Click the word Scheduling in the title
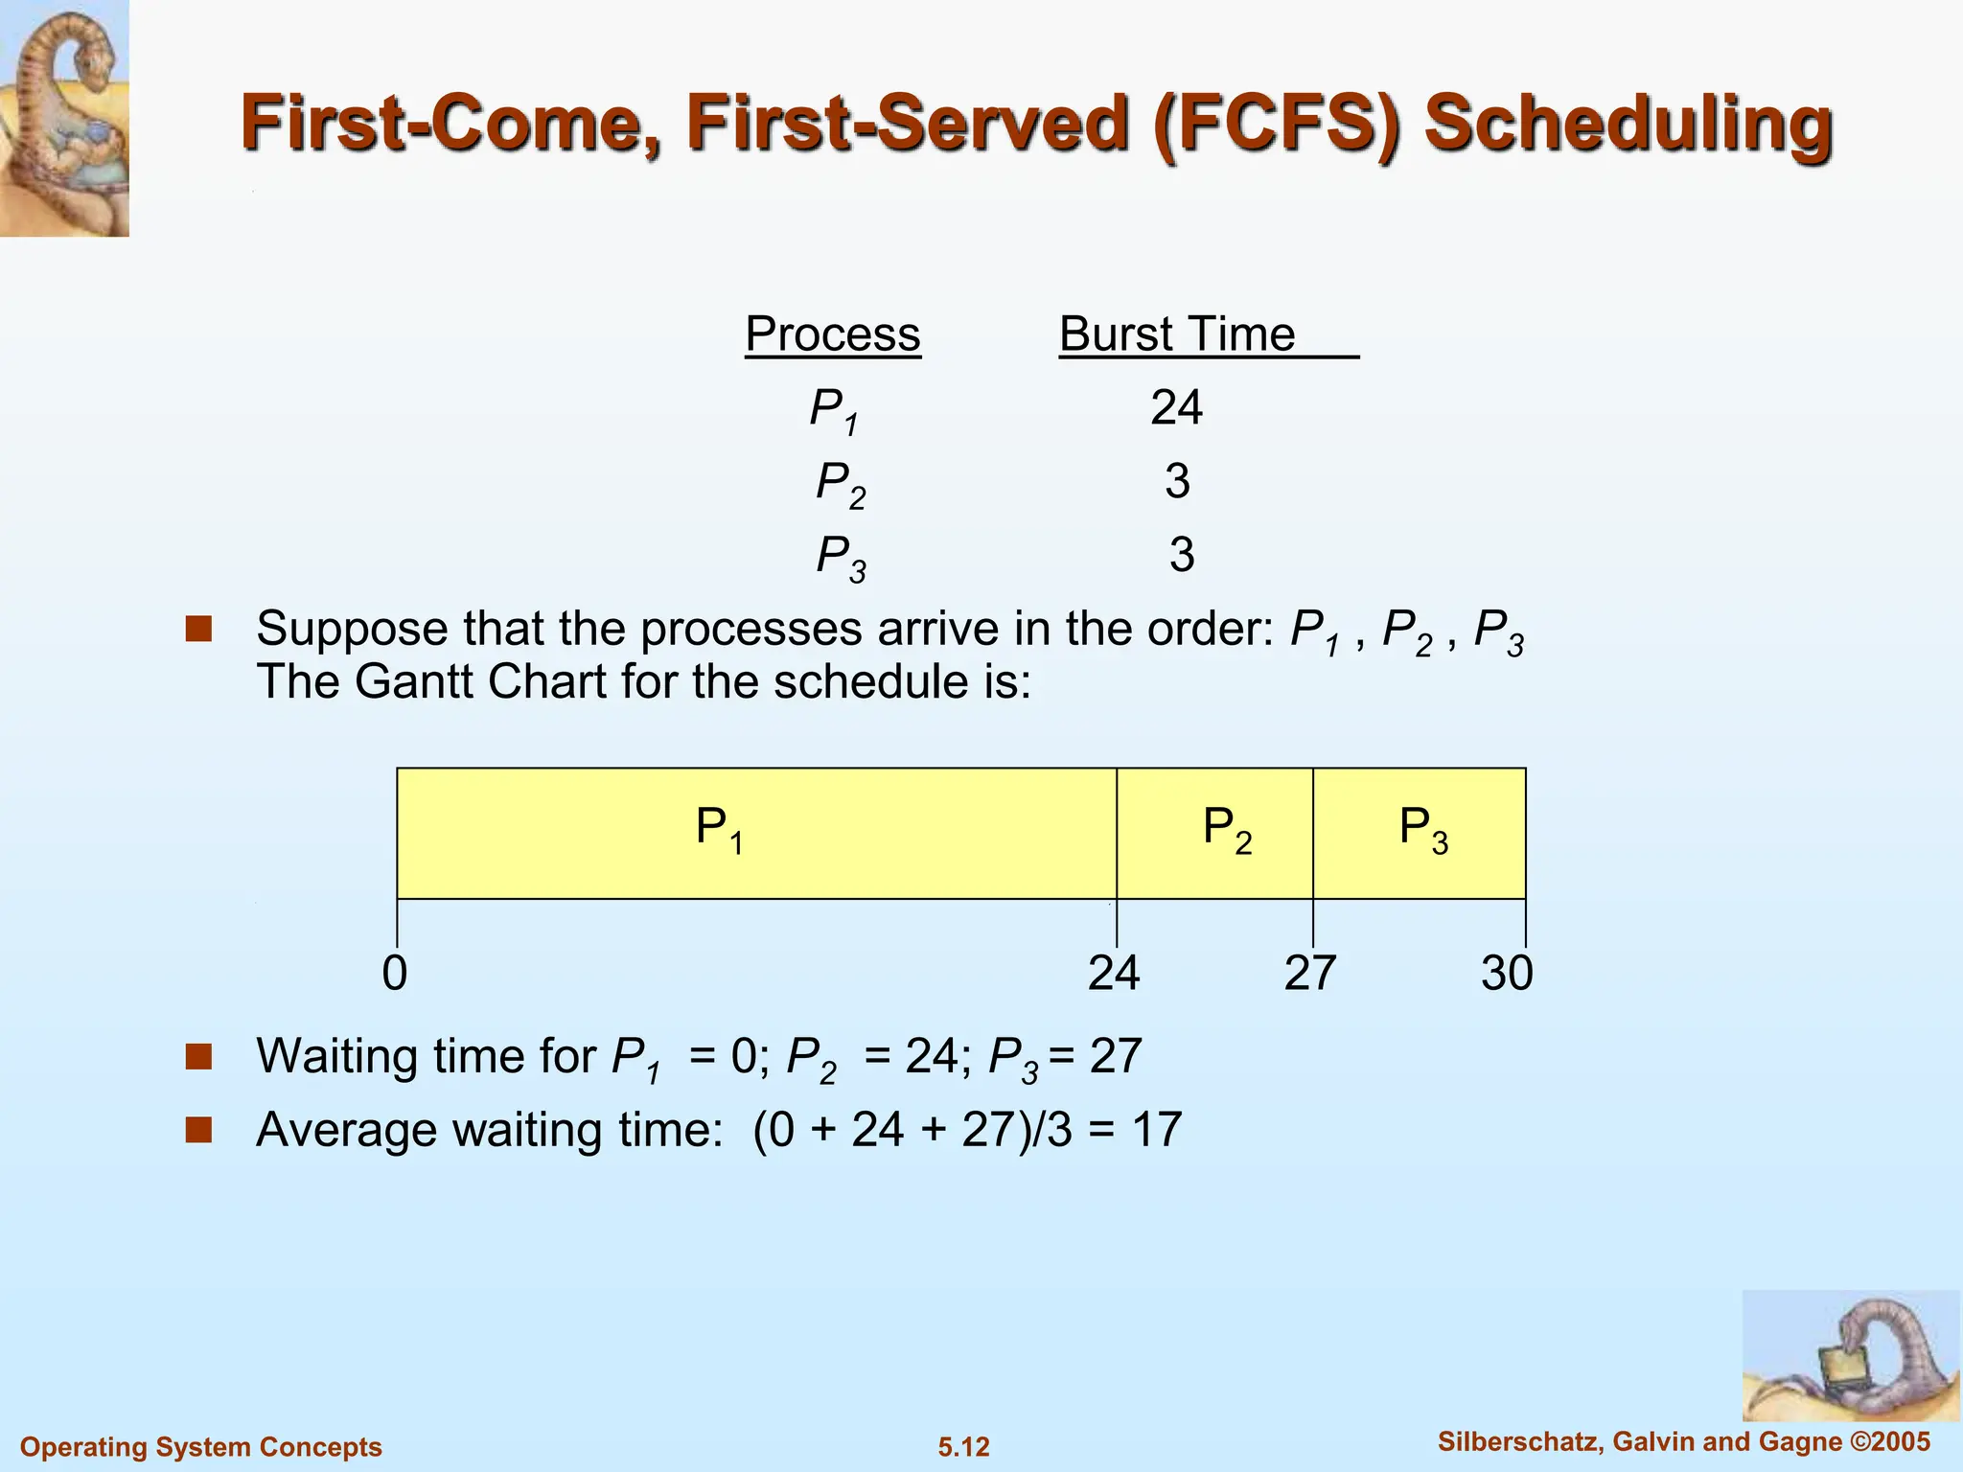1628,125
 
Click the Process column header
832,334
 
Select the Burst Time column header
1177,334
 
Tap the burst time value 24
1176,408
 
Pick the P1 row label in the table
834,410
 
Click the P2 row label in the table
840,483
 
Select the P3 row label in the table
841,556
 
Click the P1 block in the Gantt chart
755,833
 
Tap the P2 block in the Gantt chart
1214,833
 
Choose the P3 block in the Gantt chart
1420,833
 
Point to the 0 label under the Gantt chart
395,974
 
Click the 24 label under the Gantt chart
1114,974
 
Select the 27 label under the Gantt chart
1310,974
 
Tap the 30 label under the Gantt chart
1507,974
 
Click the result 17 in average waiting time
1157,1130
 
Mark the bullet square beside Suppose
199,630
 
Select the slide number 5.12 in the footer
963,1447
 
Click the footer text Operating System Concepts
201,1447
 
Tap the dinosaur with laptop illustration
1850,1355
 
